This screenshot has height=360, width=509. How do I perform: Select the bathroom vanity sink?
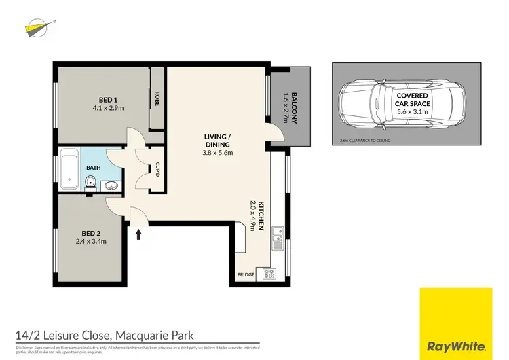111,185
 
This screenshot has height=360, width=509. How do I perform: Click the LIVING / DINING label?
217,140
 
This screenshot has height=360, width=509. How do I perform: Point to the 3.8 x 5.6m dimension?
217,153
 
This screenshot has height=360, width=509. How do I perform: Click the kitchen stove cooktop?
269,274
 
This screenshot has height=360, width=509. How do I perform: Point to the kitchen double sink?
277,237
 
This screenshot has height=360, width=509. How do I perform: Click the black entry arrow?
139,234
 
